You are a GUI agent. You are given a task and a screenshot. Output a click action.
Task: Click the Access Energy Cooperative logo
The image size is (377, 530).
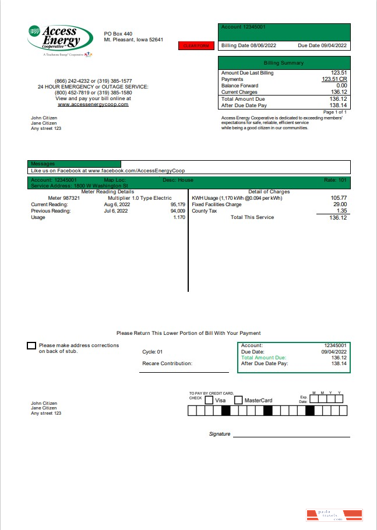[60, 39]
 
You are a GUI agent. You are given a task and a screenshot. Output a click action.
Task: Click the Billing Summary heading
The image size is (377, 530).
[284, 62]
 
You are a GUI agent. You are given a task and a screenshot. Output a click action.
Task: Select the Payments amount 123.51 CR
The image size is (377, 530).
[334, 79]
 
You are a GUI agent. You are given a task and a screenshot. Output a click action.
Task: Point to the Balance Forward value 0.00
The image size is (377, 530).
[341, 86]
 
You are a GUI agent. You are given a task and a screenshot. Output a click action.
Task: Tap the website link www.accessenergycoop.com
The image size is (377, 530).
[93, 104]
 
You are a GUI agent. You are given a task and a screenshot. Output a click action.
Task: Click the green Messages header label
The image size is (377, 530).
[43, 164]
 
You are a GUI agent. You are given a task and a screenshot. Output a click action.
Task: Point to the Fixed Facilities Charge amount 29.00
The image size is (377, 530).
[339, 204]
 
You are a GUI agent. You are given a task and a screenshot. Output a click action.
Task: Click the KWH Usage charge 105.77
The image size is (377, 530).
[338, 198]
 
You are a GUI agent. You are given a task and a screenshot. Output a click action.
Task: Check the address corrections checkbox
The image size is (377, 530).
[31, 346]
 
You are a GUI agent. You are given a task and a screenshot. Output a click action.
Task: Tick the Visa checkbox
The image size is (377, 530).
[209, 400]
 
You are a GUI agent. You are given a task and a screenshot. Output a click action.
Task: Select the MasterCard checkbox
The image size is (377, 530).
[238, 400]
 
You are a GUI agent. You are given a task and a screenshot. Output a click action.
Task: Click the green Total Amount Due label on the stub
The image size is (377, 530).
[263, 358]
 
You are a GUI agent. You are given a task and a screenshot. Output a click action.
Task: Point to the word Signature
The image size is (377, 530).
[220, 434]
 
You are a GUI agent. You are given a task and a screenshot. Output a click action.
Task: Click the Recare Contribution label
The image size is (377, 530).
[167, 363]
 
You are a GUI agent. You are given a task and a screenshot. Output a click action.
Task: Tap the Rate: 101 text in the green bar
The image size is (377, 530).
[334, 180]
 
